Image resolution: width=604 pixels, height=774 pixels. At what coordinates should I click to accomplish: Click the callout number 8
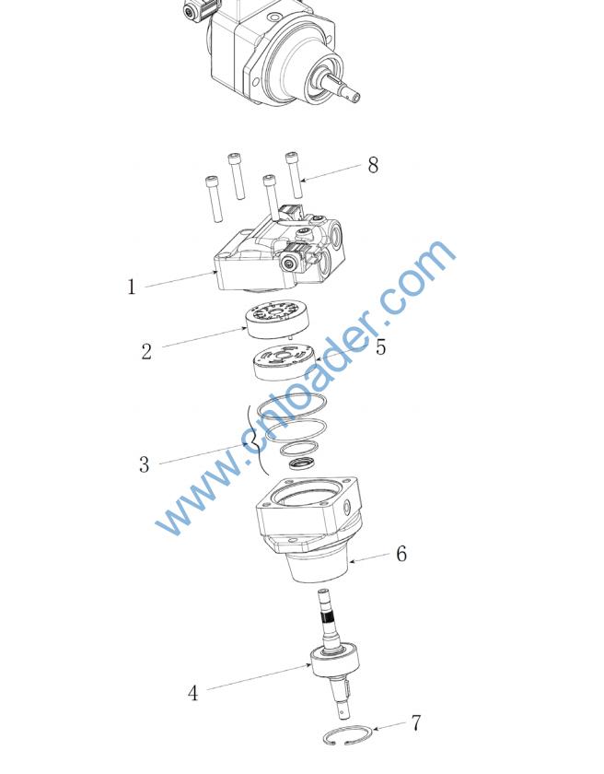373,165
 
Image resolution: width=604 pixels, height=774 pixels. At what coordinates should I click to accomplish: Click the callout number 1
131,287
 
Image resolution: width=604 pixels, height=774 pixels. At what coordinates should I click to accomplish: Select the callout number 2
146,351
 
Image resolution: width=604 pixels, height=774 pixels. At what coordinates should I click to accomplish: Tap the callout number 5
380,347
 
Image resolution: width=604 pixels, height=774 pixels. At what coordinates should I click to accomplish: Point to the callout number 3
144,464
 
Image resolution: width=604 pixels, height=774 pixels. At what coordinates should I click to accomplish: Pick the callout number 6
401,554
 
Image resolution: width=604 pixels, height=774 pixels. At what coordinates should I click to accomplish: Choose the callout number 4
193,693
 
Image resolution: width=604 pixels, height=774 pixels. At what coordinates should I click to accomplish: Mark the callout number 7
417,723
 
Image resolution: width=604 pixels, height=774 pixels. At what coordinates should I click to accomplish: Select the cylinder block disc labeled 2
276,320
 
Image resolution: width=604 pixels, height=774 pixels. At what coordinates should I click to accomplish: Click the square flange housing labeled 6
309,528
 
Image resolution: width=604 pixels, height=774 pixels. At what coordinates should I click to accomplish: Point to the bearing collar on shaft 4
334,662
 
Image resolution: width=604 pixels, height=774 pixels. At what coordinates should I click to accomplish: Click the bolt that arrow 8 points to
295,174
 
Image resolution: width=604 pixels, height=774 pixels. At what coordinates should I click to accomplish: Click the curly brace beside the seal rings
256,440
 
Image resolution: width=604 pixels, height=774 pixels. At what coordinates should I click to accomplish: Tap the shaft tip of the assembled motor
354,95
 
